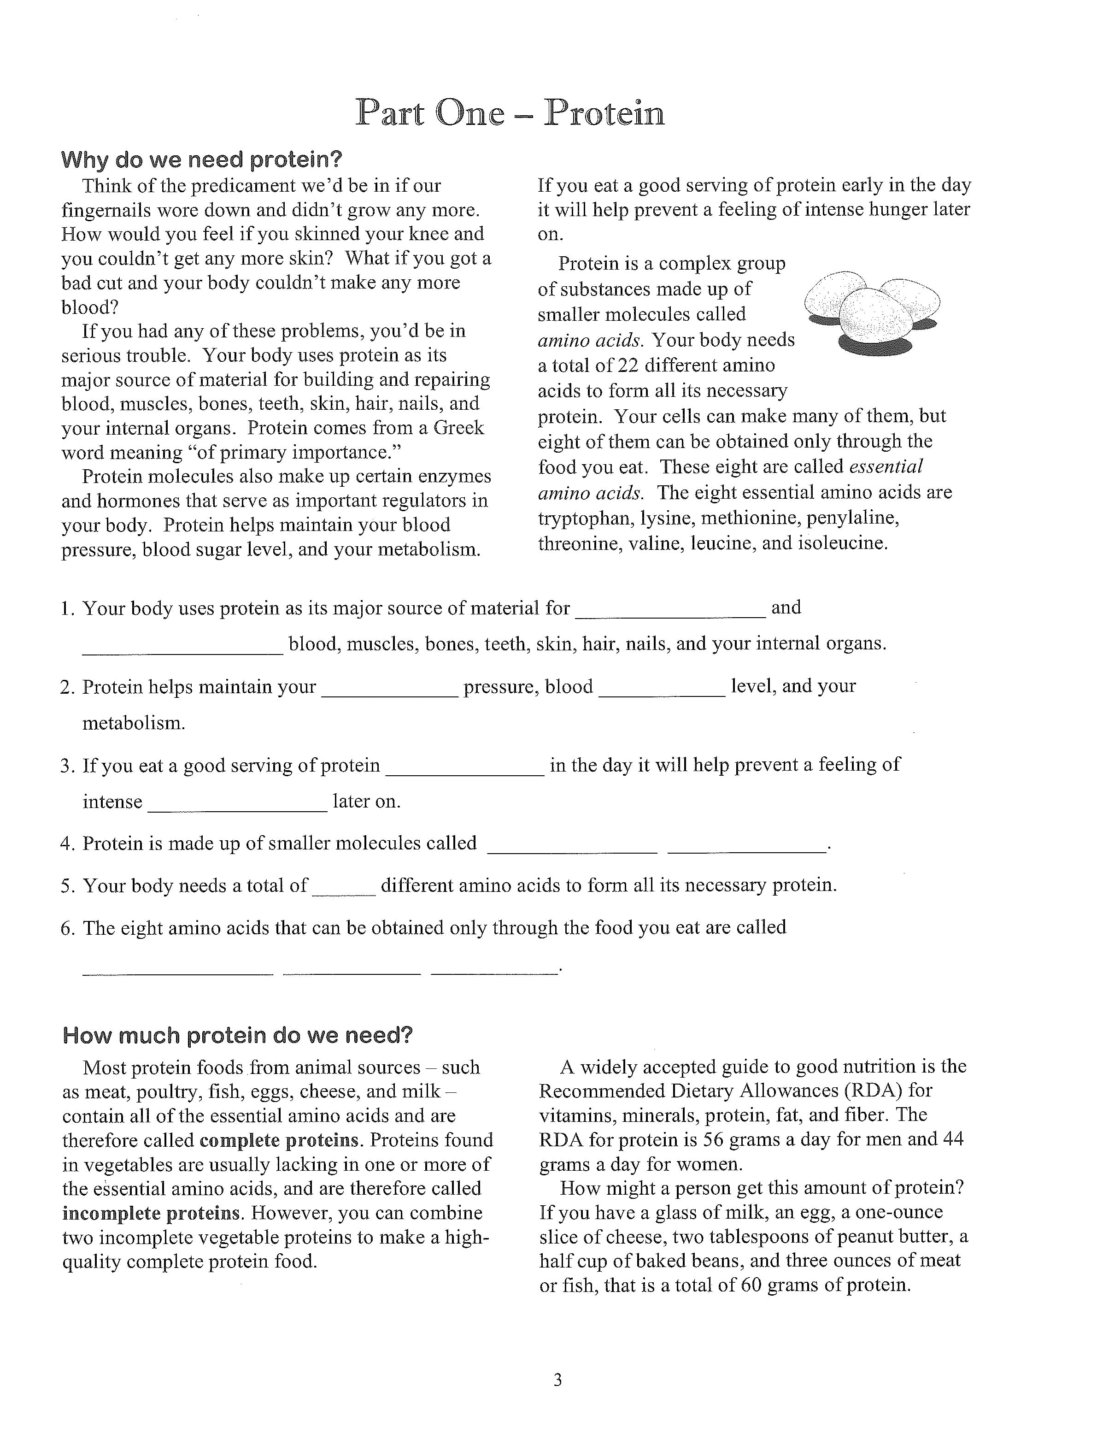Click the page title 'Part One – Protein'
510,112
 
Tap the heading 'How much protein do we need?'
238,1035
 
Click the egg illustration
872,312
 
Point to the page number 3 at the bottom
557,1380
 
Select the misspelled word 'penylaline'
852,518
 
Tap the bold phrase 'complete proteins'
280,1140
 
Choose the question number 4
68,844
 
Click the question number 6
68,928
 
